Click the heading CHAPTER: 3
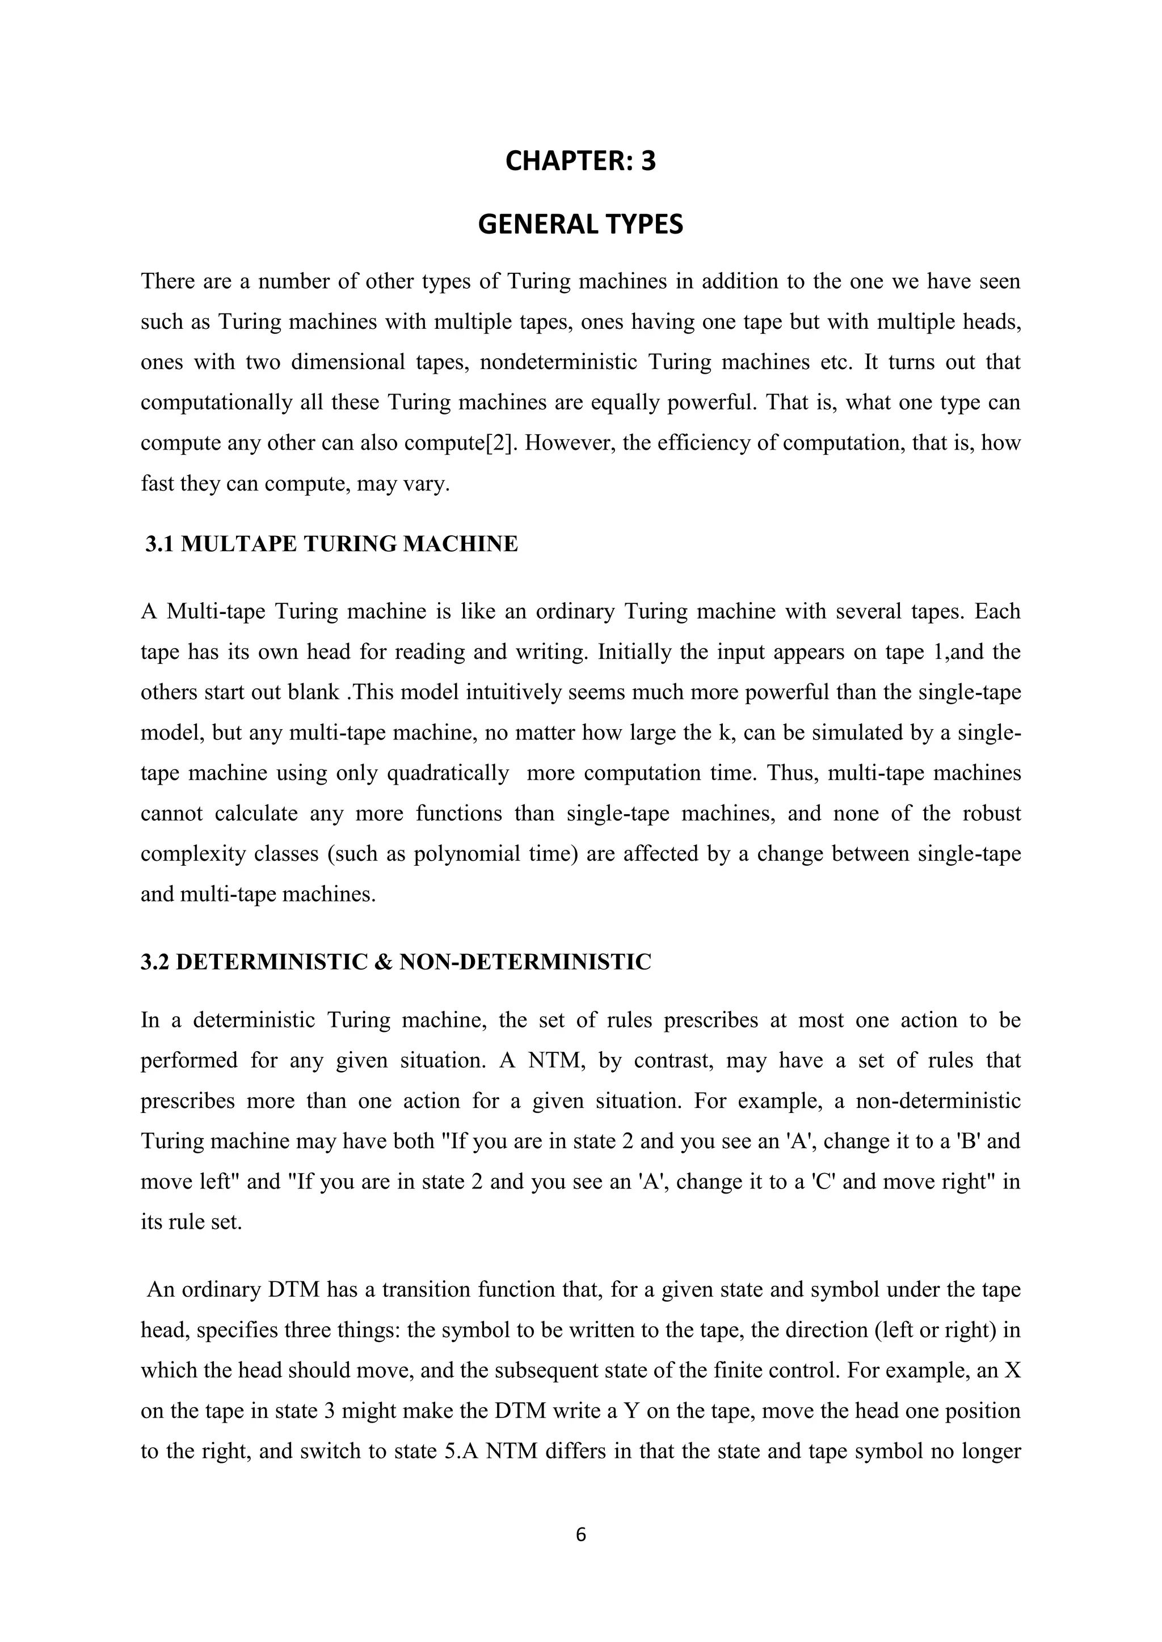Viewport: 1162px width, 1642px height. (x=580, y=162)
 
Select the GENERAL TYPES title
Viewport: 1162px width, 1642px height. (x=580, y=225)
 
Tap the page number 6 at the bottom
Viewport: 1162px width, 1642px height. (x=580, y=1535)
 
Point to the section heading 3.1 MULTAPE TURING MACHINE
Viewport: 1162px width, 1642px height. (x=331, y=544)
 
